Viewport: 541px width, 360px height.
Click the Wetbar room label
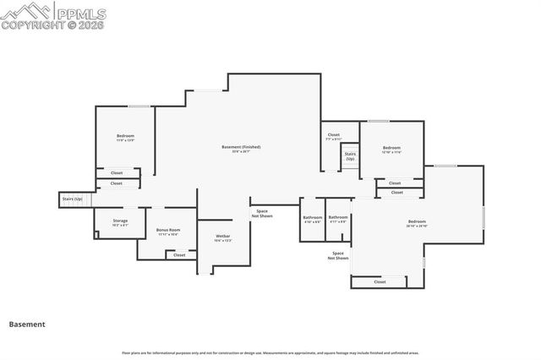pos(223,238)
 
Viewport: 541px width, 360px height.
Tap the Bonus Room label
pos(168,232)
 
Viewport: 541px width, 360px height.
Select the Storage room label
pos(121,223)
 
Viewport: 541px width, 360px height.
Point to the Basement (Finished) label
pos(241,149)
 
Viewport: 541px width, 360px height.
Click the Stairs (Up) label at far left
pos(73,199)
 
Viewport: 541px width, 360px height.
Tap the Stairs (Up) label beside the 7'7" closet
pos(350,156)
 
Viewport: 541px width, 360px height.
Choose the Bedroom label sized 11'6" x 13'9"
pos(125,138)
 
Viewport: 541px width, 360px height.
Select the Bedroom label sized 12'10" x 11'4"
pos(391,150)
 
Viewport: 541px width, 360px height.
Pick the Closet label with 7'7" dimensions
pos(334,136)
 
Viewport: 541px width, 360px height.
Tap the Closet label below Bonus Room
pos(179,254)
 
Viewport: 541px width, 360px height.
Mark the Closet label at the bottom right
pos(380,282)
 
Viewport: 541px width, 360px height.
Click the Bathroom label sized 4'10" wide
pos(312,220)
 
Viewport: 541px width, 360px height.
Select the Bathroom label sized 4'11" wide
pos(338,220)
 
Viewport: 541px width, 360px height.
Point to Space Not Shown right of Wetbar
pos(262,214)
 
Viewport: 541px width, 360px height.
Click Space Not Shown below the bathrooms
pos(338,255)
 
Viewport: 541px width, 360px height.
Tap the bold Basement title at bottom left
pos(26,324)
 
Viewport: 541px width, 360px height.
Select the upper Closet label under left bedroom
pos(116,172)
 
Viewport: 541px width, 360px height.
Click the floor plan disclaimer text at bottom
pos(270,352)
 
